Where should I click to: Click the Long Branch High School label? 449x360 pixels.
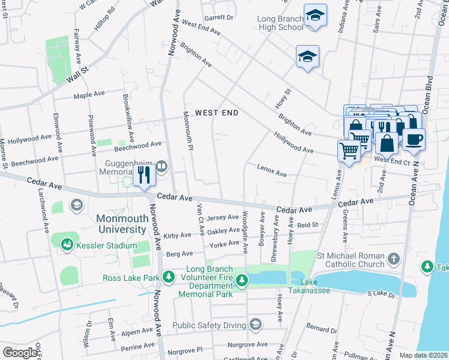(280, 23)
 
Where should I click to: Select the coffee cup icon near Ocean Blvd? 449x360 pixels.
(413, 140)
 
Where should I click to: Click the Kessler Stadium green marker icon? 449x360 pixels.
(67, 244)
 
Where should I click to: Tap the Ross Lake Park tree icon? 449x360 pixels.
(169, 277)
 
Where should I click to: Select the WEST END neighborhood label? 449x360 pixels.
(216, 113)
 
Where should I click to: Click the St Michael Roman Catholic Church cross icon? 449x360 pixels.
(393, 259)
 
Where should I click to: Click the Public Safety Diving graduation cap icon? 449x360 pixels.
(255, 325)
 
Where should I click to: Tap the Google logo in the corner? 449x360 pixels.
(20, 352)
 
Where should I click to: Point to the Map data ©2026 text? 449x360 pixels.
(423, 355)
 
